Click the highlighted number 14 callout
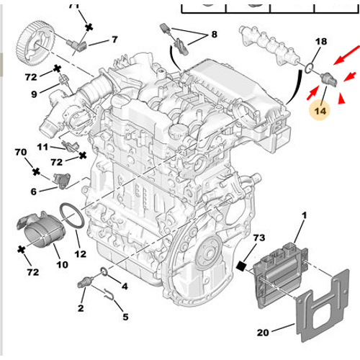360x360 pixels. pyautogui.click(x=318, y=112)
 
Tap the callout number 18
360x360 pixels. pyautogui.click(x=321, y=42)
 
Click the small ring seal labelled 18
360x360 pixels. pyautogui.click(x=309, y=68)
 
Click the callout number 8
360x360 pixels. pyautogui.click(x=213, y=34)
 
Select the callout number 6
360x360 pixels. pyautogui.click(x=34, y=191)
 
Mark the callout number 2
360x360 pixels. pyautogui.click(x=81, y=309)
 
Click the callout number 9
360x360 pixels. pyautogui.click(x=35, y=94)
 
